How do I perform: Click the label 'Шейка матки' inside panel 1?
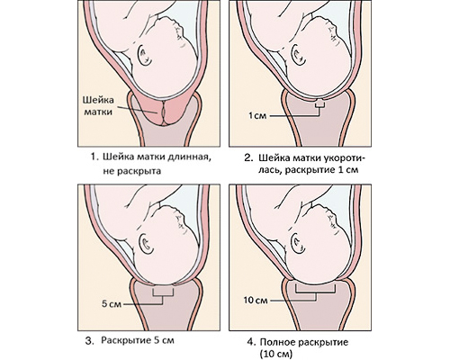click(98, 105)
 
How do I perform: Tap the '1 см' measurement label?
click(257, 115)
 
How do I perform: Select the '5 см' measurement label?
click(112, 304)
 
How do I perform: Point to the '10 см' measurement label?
click(256, 300)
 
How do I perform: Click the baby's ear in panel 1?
click(146, 56)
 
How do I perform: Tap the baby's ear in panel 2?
click(298, 54)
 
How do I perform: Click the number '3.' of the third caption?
click(89, 341)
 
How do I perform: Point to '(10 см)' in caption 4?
click(275, 353)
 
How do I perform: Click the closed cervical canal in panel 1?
click(164, 113)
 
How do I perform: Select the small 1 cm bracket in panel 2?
click(320, 104)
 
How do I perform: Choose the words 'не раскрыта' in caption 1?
click(131, 171)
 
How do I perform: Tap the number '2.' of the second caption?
click(249, 158)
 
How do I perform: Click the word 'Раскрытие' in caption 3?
click(125, 341)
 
